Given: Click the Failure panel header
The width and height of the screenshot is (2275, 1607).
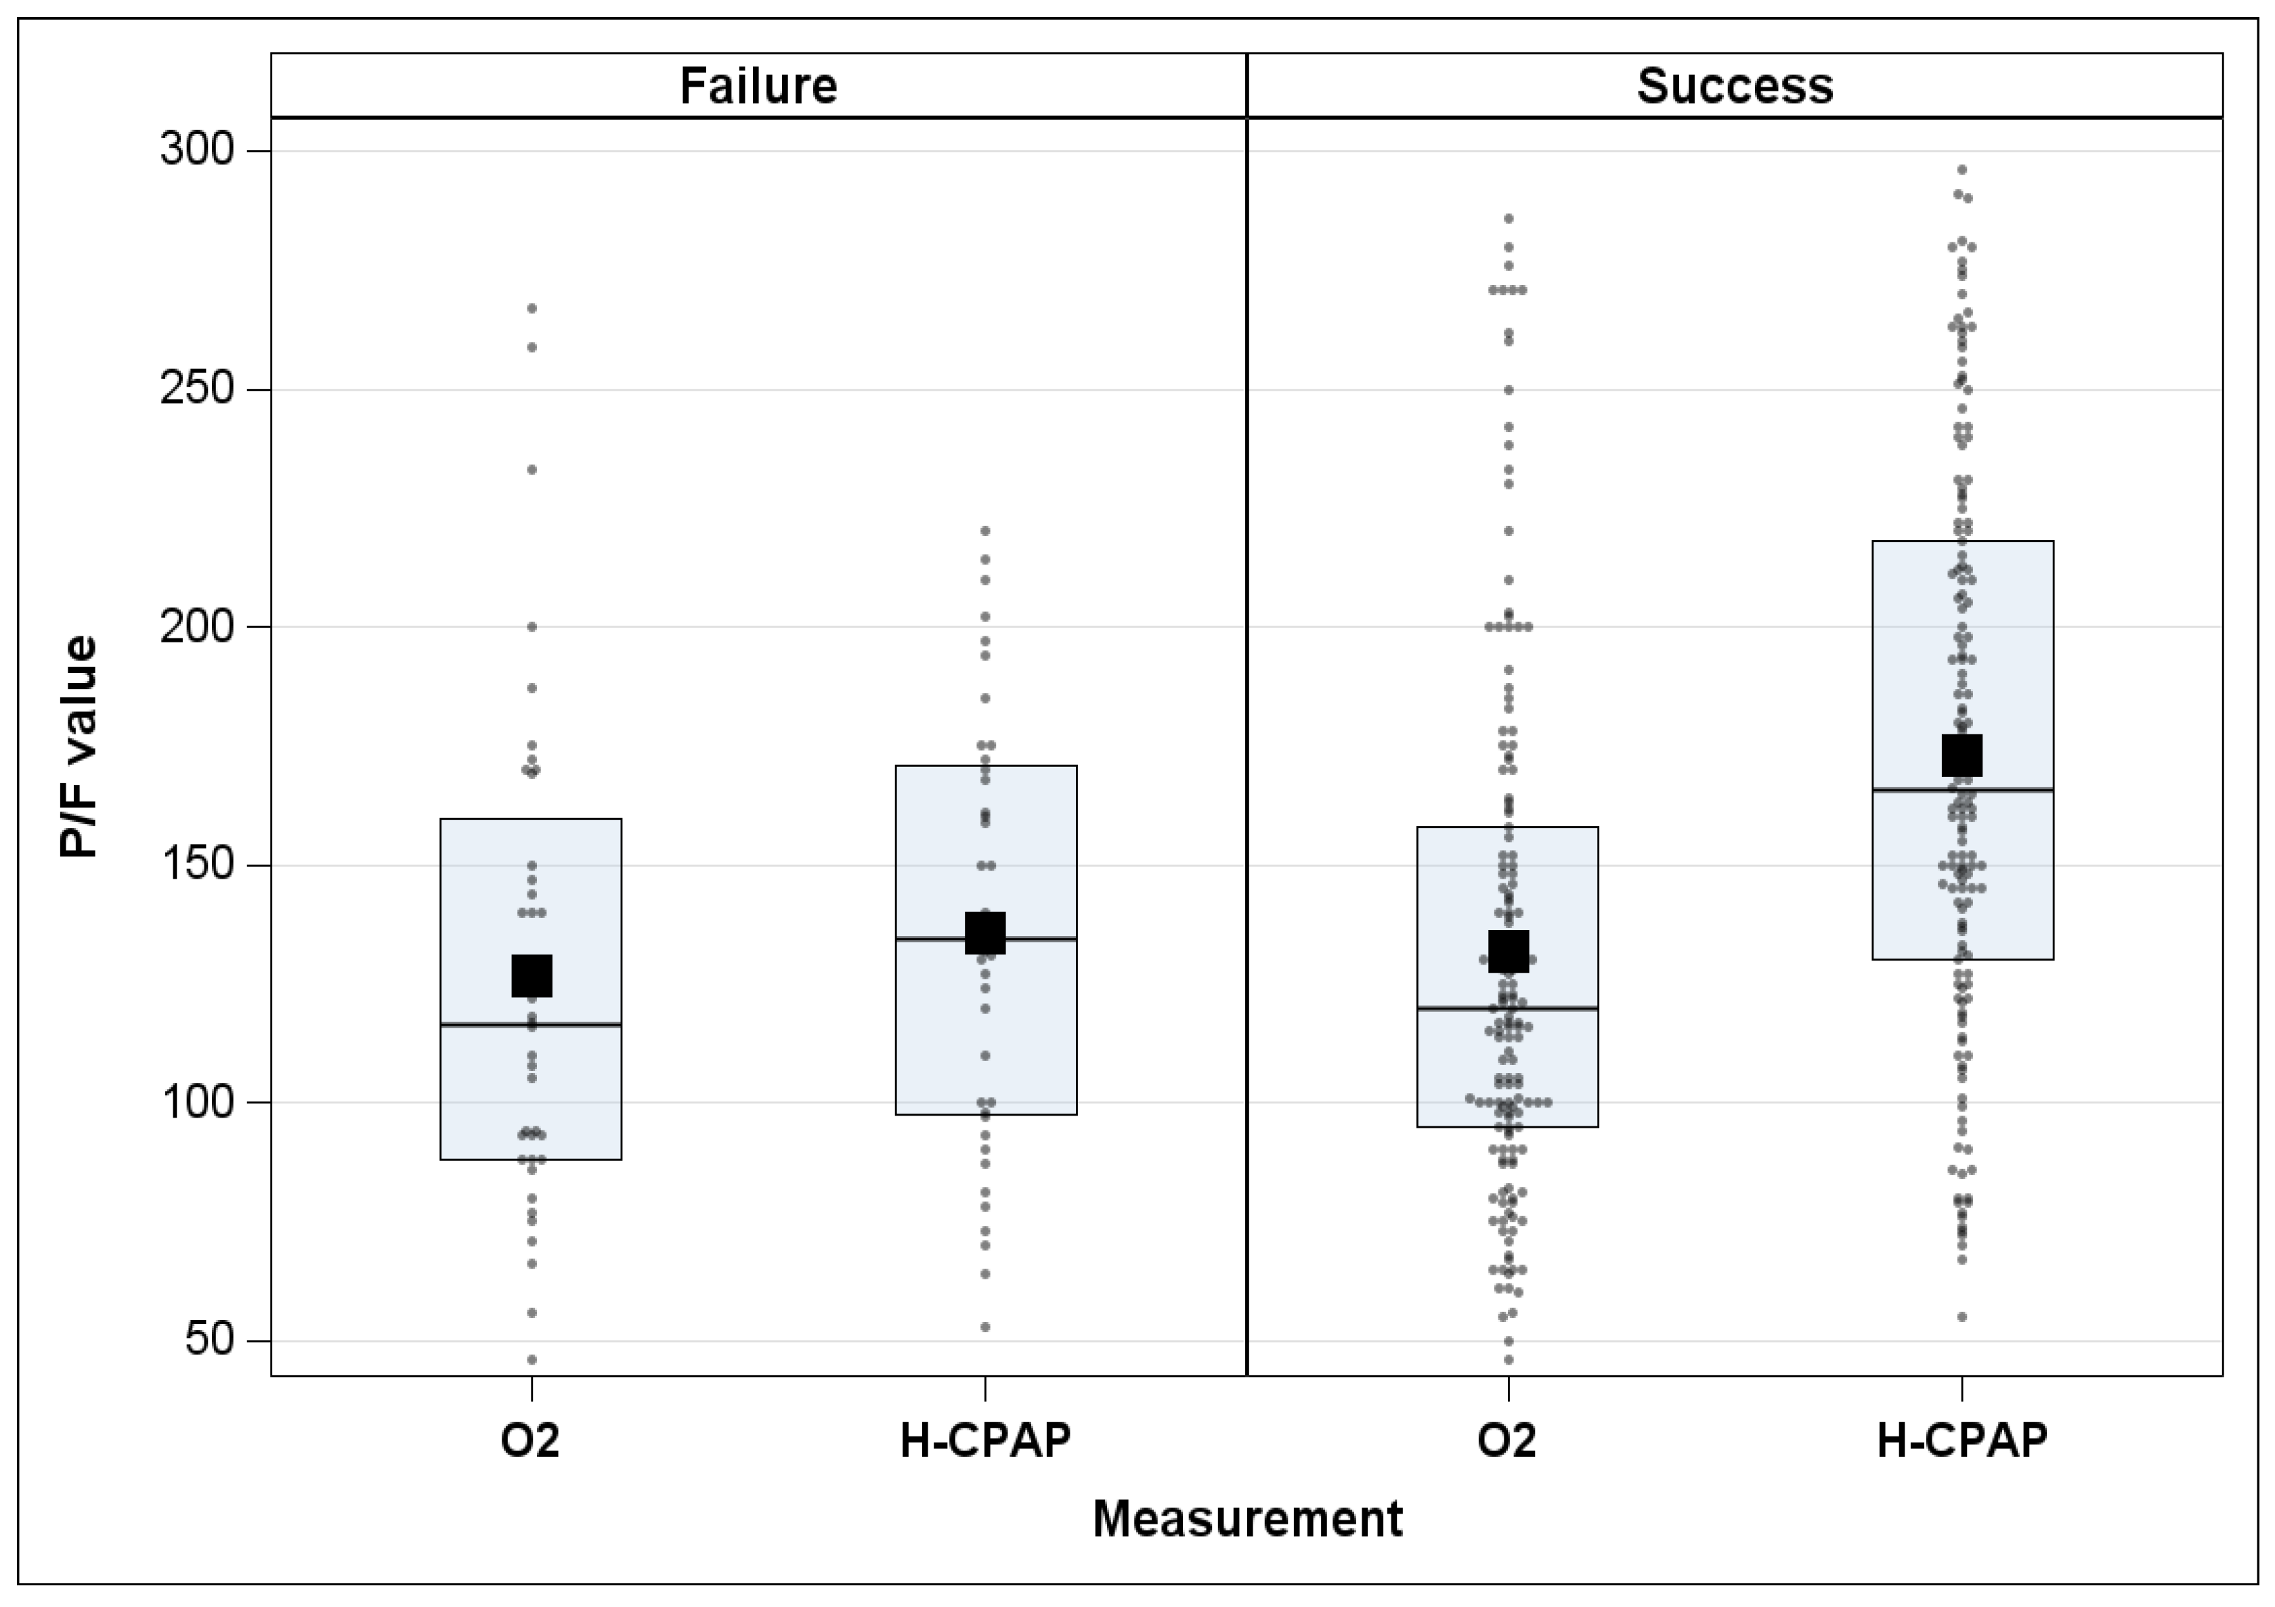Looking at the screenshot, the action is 758,86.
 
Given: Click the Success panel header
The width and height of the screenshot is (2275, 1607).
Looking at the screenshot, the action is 1734,86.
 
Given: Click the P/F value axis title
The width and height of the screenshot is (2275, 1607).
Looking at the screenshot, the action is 79,747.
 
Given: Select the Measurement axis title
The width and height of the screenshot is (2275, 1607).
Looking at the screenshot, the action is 1247,1519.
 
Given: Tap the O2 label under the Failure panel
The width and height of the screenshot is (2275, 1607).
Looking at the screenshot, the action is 530,1440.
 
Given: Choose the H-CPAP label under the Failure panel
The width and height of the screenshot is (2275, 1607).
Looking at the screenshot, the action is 985,1440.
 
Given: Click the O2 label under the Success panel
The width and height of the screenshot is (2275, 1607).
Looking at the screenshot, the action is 1507,1440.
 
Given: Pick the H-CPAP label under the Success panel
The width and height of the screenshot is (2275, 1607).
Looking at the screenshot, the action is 1962,1440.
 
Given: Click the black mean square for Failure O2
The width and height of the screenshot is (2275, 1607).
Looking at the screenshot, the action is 531,976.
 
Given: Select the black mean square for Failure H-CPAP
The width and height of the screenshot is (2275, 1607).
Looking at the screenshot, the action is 986,933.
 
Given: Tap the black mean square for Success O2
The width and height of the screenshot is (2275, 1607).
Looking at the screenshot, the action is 1508,951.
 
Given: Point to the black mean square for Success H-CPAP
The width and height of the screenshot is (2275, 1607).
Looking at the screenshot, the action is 1962,755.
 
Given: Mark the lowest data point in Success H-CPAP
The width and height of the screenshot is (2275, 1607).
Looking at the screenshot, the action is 1962,1317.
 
